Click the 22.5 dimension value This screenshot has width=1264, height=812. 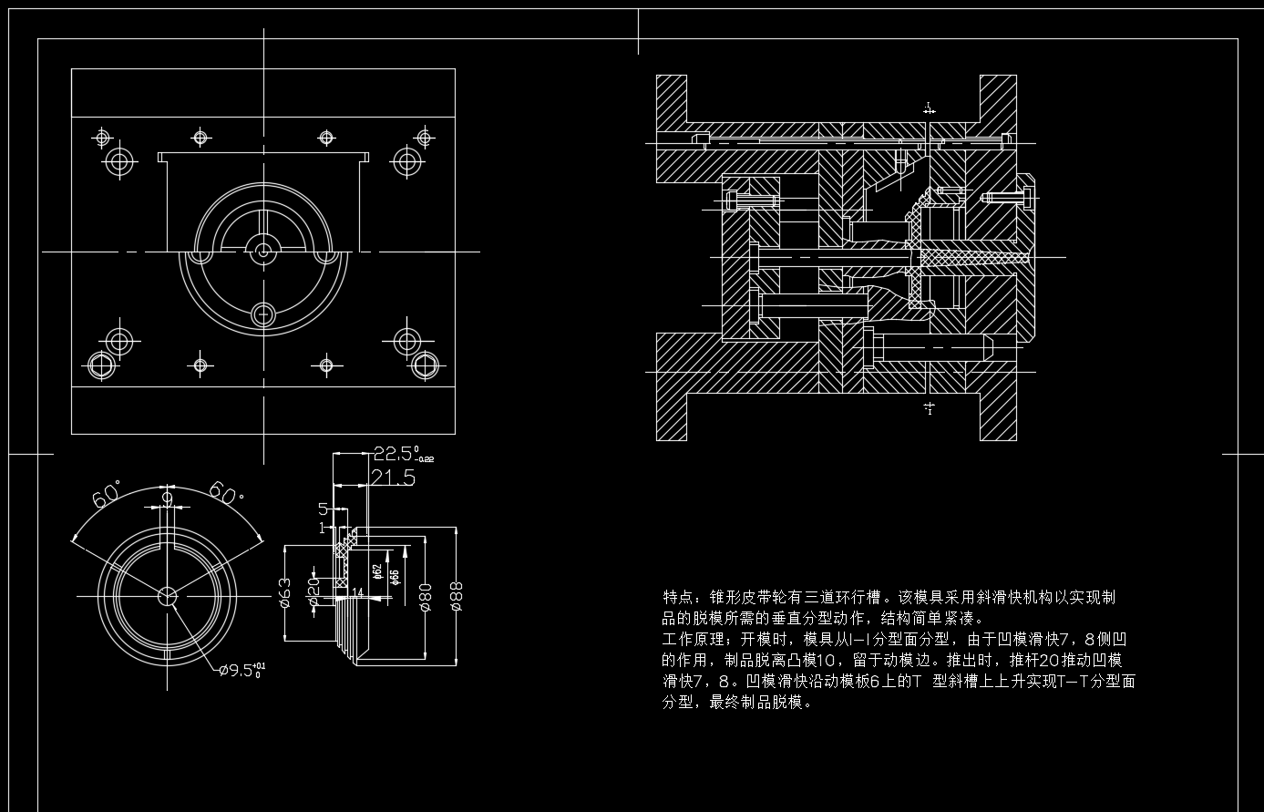(x=396, y=453)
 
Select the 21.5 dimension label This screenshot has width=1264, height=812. (x=393, y=477)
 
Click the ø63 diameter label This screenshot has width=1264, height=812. (x=284, y=592)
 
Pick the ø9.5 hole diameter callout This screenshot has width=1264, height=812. (x=241, y=671)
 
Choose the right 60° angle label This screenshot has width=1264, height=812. (x=225, y=491)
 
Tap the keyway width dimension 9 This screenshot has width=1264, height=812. (x=166, y=498)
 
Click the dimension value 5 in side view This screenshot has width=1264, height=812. (x=322, y=508)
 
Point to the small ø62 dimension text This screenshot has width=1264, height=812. (x=377, y=572)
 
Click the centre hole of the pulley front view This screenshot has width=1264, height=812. (x=167, y=596)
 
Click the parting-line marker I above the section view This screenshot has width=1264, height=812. (x=929, y=108)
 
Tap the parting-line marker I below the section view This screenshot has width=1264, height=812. (x=929, y=406)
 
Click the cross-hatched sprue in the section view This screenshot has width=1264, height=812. (x=971, y=259)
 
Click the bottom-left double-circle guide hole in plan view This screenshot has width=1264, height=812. (x=101, y=365)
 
